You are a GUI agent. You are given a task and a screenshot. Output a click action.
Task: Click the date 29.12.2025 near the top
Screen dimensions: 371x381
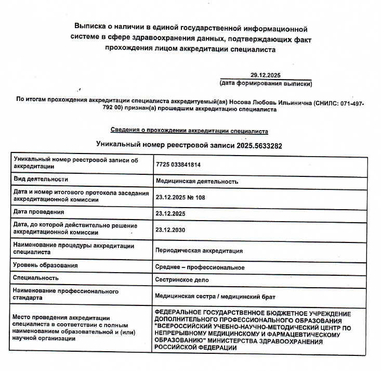click(x=265, y=75)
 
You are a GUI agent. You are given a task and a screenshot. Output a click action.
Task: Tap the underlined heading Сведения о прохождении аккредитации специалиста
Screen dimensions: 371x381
click(x=189, y=130)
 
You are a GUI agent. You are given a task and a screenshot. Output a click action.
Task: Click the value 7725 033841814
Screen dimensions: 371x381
click(x=178, y=164)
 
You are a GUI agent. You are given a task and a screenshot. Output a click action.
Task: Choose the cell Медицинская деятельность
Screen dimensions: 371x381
click(x=197, y=182)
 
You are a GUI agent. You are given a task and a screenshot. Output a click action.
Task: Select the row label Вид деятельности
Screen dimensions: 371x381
click(x=41, y=179)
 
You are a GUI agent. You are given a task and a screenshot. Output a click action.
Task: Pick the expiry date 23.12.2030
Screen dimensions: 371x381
click(x=170, y=229)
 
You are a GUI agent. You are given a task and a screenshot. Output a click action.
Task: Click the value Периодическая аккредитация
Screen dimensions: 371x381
click(x=199, y=250)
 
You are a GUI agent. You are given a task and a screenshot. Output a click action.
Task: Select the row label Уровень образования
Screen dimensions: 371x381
click(x=46, y=265)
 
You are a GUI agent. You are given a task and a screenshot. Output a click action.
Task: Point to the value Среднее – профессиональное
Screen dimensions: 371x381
click(x=200, y=267)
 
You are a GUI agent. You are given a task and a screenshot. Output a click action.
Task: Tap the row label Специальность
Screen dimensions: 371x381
click(x=36, y=278)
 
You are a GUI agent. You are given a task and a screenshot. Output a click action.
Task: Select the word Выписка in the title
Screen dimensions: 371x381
click(x=93, y=27)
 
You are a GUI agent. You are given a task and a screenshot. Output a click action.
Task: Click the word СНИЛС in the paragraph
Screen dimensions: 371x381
click(x=326, y=103)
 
